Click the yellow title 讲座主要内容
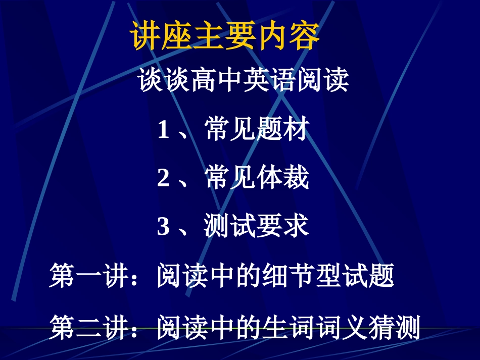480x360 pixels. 225,36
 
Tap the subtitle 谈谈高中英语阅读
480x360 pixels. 244,81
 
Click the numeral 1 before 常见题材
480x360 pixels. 163,131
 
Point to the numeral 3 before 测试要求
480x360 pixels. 163,227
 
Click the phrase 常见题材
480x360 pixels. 257,131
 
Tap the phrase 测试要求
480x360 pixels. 257,227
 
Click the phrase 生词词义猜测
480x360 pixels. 342,328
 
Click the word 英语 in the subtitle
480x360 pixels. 270,81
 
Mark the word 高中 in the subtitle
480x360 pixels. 217,81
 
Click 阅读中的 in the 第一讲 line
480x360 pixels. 209,277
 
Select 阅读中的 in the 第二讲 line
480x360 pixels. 209,328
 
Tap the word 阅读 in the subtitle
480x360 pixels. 322,81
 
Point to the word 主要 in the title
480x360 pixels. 225,36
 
